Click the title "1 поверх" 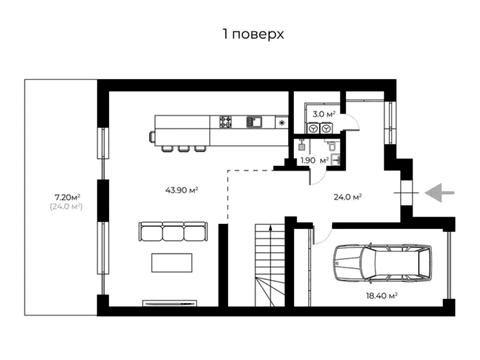coord(253,34)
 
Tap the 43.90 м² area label coord(182,190)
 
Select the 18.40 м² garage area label coord(382,296)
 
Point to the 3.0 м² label coord(324,114)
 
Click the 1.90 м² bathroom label coord(314,160)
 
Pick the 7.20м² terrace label coord(67,197)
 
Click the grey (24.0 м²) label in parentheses coord(66,207)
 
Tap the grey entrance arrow coord(440,193)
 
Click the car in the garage coord(383,263)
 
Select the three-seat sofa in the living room coord(173,231)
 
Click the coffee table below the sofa coord(172,263)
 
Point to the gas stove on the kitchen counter coord(225,121)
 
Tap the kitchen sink coord(254,122)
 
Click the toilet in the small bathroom coord(330,145)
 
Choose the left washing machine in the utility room coord(313,129)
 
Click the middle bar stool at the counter coord(183,149)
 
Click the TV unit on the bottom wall coord(170,303)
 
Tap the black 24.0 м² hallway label coord(348,197)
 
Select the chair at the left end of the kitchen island coord(152,138)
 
